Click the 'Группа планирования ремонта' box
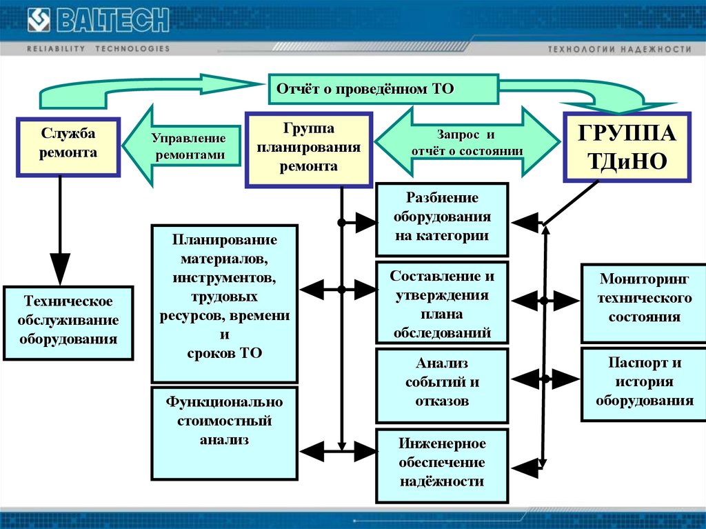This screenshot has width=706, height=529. tap(309, 148)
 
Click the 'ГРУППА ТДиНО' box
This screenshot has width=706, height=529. tap(626, 146)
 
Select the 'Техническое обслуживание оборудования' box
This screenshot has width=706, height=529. tap(68, 321)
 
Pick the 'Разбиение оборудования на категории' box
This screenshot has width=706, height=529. tap(442, 218)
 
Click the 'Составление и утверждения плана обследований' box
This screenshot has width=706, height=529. tap(442, 303)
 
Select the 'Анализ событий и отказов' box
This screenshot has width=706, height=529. tap(442, 383)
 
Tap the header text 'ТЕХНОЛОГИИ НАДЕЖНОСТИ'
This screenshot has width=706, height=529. tap(618, 50)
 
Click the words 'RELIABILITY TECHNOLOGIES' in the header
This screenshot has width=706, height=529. tap(97, 49)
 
